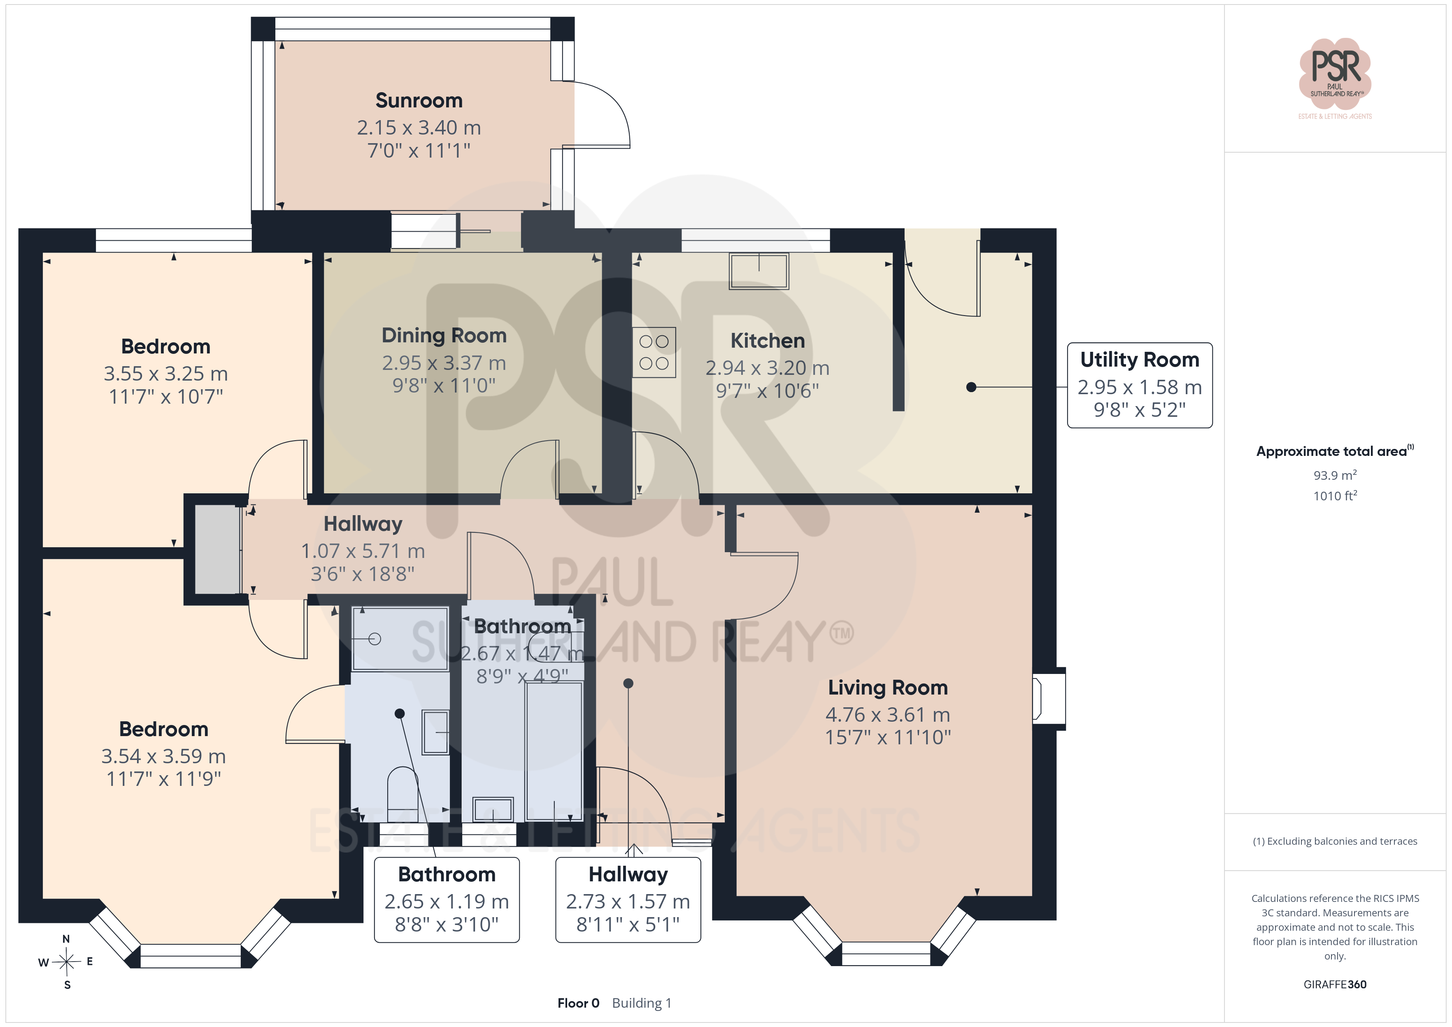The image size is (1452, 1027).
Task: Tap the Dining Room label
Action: point(444,335)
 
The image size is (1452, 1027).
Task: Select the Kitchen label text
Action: point(768,340)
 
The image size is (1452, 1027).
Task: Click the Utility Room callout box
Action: point(1140,385)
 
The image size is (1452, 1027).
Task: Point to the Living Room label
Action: point(888,688)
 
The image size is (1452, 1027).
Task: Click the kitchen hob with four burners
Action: point(654,352)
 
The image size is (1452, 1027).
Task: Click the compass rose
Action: point(66,962)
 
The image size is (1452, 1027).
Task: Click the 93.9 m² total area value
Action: point(1335,475)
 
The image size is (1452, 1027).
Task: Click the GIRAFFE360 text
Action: point(1335,985)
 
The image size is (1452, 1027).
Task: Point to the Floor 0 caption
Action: point(578,1003)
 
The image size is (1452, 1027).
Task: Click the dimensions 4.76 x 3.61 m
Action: point(888,715)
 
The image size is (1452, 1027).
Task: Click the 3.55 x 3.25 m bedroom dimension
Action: point(166,374)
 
